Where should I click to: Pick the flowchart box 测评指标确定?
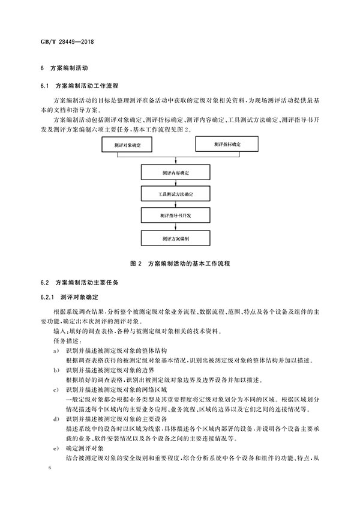227,145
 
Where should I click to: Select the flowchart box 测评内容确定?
175,173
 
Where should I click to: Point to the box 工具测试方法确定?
175,195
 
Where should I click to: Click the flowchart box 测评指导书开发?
175,215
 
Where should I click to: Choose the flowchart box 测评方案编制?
175,238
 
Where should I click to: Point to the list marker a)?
55,350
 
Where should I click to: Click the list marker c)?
55,391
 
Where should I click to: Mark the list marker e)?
55,448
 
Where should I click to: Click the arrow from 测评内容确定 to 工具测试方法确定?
176,184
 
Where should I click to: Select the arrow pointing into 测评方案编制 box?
176,227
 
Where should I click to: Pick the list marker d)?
55,418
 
